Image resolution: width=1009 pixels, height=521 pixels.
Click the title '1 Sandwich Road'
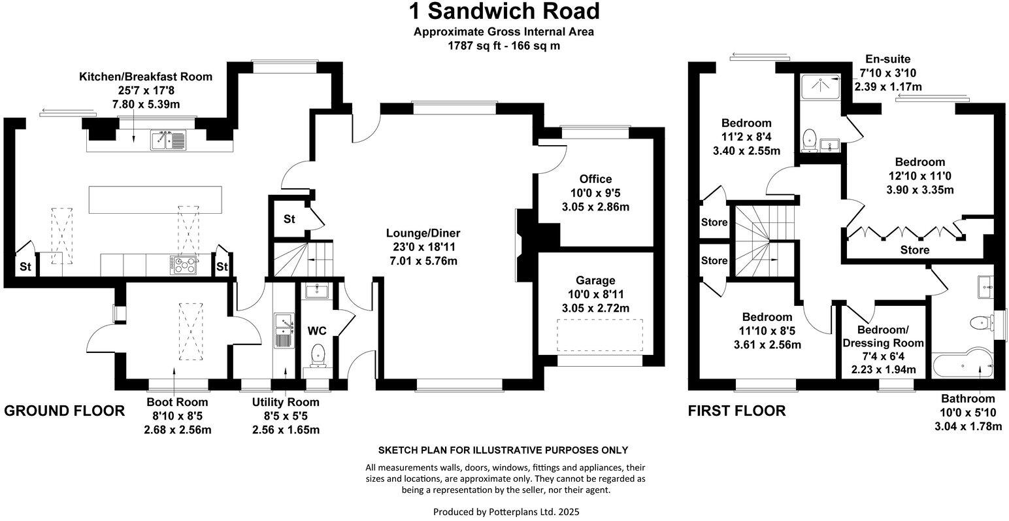(504, 11)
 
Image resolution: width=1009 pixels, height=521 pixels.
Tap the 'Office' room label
(595, 179)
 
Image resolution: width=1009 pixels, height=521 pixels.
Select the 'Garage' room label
(595, 280)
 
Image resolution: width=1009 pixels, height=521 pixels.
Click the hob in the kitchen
(184, 265)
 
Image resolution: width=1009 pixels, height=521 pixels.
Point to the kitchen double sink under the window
(169, 139)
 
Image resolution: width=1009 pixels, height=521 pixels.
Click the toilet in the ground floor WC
(318, 356)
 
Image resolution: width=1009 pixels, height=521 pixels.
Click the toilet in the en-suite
(810, 140)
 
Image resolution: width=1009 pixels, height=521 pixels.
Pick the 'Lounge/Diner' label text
(423, 233)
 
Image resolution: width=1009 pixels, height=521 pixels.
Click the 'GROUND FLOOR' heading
(65, 411)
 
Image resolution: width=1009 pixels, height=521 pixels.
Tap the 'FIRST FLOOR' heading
(737, 411)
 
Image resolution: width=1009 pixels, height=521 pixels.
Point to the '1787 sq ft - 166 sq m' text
(504, 46)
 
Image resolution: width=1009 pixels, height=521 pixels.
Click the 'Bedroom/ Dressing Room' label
(883, 336)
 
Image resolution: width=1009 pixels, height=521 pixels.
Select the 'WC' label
(317, 331)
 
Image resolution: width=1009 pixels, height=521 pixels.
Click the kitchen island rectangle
(156, 199)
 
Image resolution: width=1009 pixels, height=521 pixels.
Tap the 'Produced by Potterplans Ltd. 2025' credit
(506, 512)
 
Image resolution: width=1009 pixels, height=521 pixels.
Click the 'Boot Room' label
(178, 402)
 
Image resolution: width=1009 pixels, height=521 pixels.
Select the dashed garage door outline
(600, 335)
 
